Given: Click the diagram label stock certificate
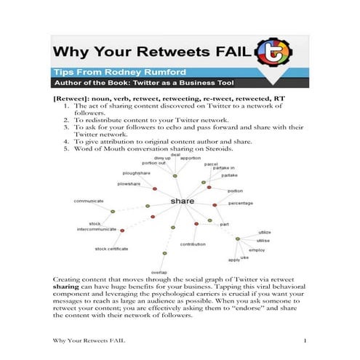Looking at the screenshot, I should (113, 249).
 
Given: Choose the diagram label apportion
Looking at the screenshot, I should (191, 158).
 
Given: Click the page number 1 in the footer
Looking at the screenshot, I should (305, 341).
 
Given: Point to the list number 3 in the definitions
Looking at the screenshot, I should (66, 127).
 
